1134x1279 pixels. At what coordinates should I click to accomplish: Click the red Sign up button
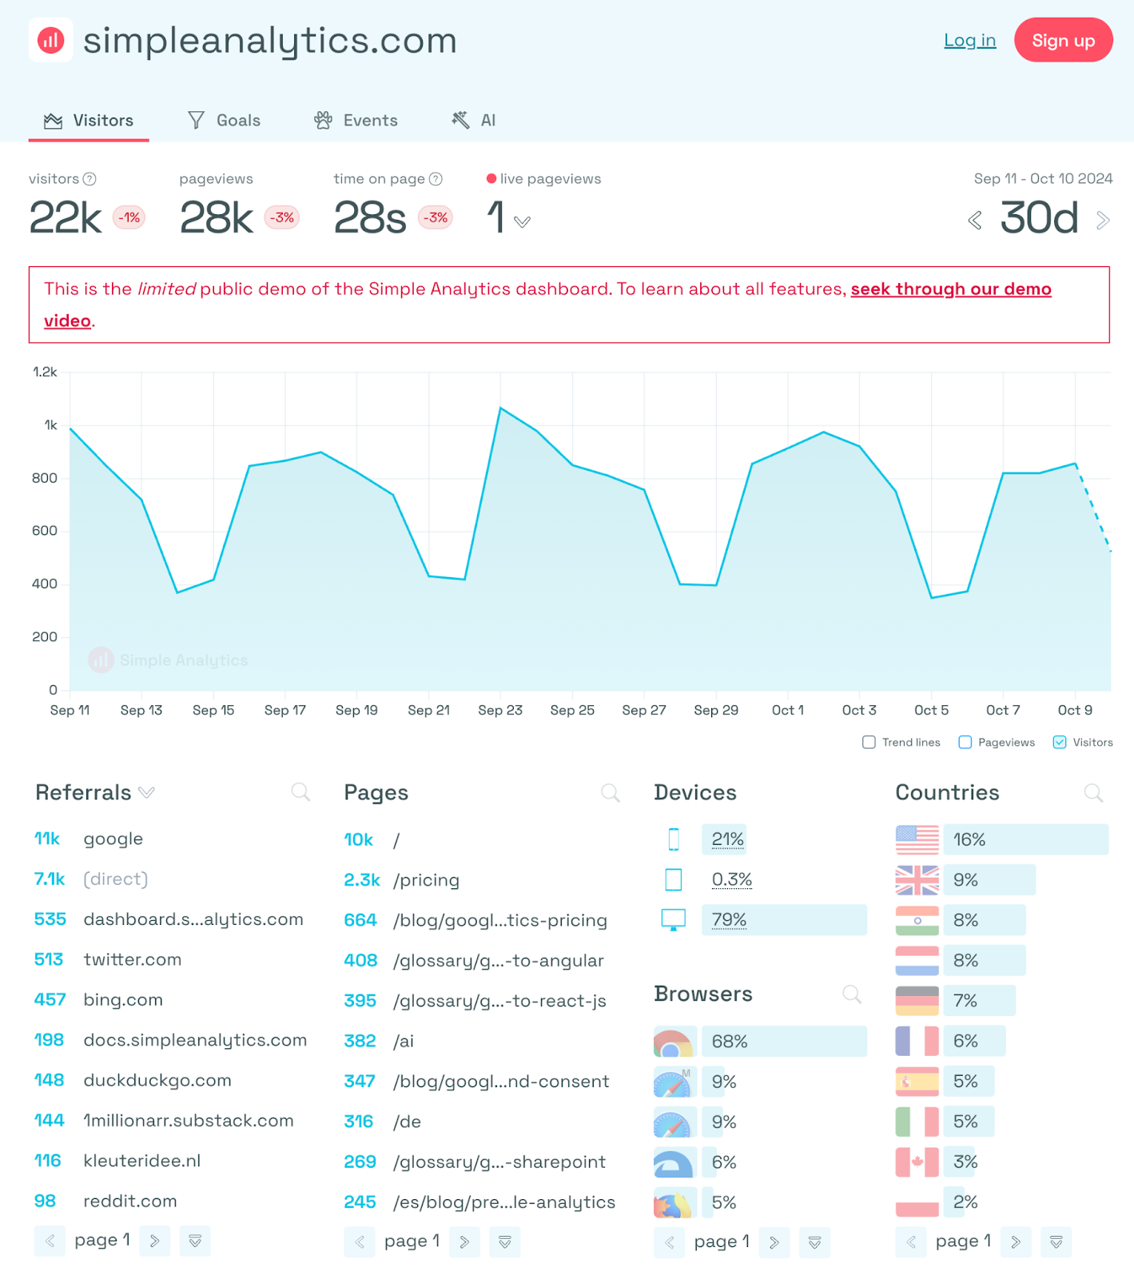1063,40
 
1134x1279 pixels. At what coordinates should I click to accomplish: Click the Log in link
969,40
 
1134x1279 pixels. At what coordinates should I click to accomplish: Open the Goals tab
225,120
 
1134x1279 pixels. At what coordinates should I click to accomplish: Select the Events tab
356,120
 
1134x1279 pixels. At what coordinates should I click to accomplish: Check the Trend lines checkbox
869,742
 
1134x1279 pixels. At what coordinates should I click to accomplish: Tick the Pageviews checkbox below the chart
965,742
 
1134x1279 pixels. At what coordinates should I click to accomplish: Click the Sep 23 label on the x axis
500,710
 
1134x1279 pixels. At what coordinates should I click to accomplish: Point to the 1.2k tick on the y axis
45,372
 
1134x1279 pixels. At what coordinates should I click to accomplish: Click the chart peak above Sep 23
501,408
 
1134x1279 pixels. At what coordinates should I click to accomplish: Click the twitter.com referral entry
132,959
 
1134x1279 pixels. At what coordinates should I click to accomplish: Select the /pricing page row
426,880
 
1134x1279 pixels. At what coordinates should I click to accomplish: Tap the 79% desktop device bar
783,920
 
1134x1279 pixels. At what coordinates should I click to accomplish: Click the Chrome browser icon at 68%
673,1042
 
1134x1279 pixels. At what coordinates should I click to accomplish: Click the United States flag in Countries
917,839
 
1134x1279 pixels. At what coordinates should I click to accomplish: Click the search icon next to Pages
611,792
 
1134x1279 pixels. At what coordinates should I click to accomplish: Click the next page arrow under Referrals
155,1241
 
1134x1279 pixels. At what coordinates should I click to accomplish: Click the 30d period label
1039,218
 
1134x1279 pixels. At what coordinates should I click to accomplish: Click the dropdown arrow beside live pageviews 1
522,221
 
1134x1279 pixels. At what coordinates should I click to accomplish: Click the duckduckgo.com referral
157,1080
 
